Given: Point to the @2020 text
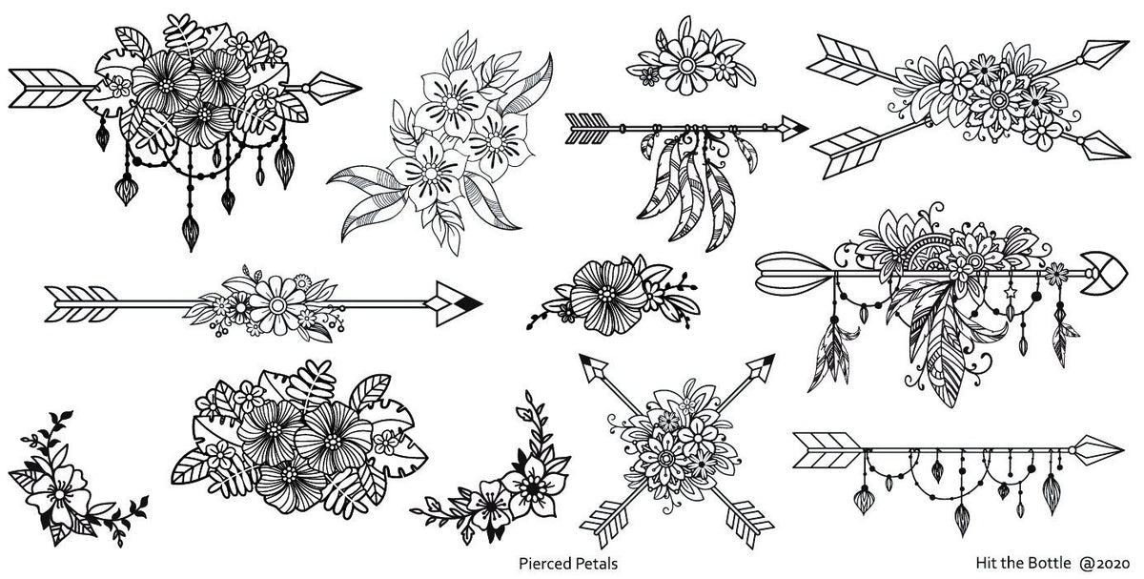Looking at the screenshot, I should click(1110, 563).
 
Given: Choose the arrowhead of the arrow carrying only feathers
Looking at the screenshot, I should click(790, 124).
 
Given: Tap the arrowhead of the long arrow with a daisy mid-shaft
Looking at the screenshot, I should click(453, 301).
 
